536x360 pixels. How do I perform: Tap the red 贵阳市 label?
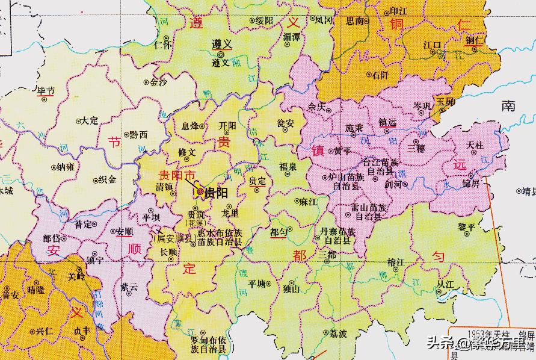(x=177, y=176)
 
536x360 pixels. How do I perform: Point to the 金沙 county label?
(x=158, y=82)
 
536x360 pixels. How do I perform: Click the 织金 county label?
(x=107, y=179)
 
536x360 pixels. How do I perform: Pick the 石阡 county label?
(x=381, y=75)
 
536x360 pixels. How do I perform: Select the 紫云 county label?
(x=129, y=288)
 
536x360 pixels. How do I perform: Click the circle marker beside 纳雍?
(x=54, y=167)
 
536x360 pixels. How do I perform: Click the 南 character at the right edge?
(x=508, y=106)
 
